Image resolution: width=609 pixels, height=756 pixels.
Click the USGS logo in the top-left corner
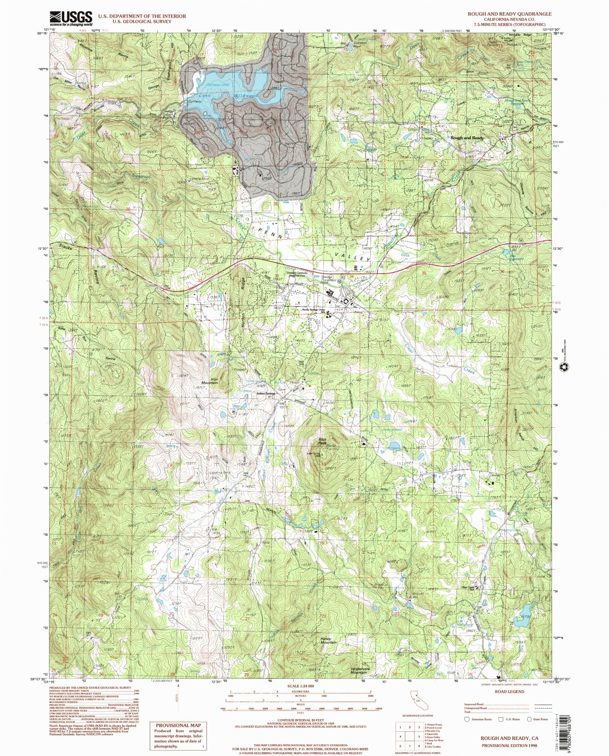[x=71, y=18]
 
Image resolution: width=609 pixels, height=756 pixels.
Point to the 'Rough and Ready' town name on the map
[x=467, y=138]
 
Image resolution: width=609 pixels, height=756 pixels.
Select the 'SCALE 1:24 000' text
[x=301, y=686]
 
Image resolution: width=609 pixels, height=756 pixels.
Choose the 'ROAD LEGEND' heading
[x=509, y=691]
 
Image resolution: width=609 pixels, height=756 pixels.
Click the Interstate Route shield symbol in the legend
[x=467, y=719]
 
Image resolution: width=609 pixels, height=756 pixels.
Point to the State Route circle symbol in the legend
[x=529, y=719]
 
